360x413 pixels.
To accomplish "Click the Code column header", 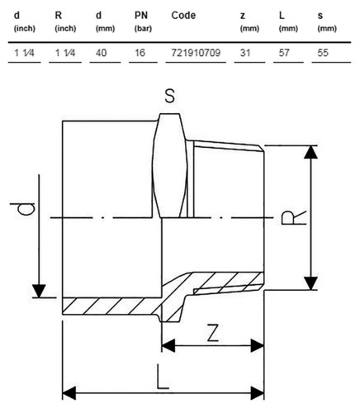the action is coord(183,16).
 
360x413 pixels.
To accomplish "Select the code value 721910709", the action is coord(196,53).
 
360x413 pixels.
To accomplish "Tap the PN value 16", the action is coord(140,53).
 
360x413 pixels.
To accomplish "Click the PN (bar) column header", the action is coord(143,21).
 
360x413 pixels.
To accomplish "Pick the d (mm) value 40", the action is coord(101,53).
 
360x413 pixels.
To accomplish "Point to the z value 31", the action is coord(245,53).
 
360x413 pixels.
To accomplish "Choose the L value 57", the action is coord(284,53).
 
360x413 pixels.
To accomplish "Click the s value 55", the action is coord(323,53).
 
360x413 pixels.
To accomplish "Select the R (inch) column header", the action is coord(65,21).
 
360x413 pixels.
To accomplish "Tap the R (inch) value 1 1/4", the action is coord(65,53).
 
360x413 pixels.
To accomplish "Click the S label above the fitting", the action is coord(169,97).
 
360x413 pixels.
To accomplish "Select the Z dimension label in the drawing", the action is coord(213,333).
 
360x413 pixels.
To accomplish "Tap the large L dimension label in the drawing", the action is coord(163,377).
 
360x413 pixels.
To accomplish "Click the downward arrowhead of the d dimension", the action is coord(39,292).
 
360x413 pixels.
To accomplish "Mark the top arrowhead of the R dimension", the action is coord(310,152).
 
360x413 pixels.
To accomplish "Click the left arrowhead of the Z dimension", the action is coord(168,345).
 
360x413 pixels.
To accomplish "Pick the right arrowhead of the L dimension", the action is coord(258,393).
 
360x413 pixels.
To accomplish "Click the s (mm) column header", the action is coord(327,21).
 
